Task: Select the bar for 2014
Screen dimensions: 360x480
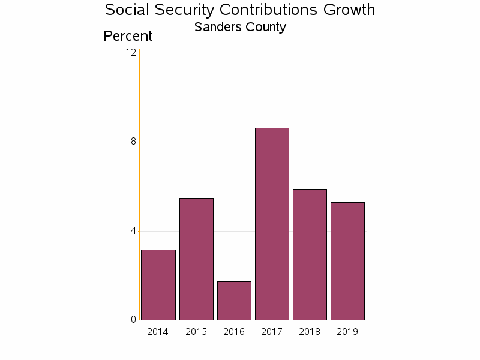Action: point(158,285)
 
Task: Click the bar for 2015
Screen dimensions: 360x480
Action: point(196,259)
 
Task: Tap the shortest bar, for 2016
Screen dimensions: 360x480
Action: point(234,301)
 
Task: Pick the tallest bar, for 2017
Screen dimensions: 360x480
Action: point(272,224)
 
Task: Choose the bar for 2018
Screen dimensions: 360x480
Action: point(310,254)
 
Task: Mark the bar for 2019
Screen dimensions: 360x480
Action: point(347,261)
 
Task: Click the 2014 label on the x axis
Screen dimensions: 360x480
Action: point(158,332)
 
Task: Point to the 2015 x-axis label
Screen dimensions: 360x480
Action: point(196,332)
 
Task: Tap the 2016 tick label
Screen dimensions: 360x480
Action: point(234,332)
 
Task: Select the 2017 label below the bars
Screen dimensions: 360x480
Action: point(272,332)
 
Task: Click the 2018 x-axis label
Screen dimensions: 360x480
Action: point(310,332)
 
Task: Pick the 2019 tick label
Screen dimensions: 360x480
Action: point(347,332)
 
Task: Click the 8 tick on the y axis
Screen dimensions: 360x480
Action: point(133,142)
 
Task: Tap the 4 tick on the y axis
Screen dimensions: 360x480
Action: point(133,231)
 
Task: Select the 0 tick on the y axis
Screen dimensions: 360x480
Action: point(133,320)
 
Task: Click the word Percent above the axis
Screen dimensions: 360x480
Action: point(128,36)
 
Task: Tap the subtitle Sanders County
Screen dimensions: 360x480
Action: point(240,27)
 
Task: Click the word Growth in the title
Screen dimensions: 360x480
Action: point(349,10)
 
